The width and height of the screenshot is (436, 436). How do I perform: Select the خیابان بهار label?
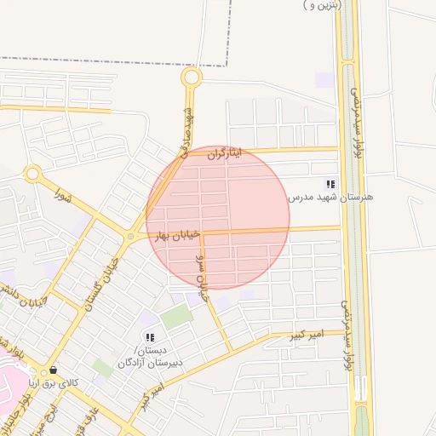point(177,233)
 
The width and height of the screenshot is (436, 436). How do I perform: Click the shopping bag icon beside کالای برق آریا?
point(54,370)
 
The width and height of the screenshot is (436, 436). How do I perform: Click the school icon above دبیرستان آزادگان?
point(150,338)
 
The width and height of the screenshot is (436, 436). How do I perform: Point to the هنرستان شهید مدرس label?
point(330,198)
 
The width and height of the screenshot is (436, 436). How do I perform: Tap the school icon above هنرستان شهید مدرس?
point(330,183)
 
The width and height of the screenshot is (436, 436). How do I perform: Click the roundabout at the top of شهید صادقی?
point(191,78)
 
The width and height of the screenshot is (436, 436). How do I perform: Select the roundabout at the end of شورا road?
point(32,175)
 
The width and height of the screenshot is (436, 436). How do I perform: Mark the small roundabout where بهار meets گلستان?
point(131,237)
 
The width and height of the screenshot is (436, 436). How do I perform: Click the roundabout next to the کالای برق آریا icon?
point(44,373)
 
